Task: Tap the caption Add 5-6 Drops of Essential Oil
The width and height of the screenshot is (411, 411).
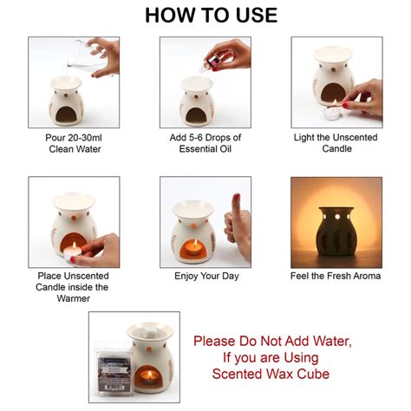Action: coord(205,142)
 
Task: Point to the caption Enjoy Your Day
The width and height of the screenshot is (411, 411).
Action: coord(205,276)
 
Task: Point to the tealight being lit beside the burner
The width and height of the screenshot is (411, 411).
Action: coord(356,111)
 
